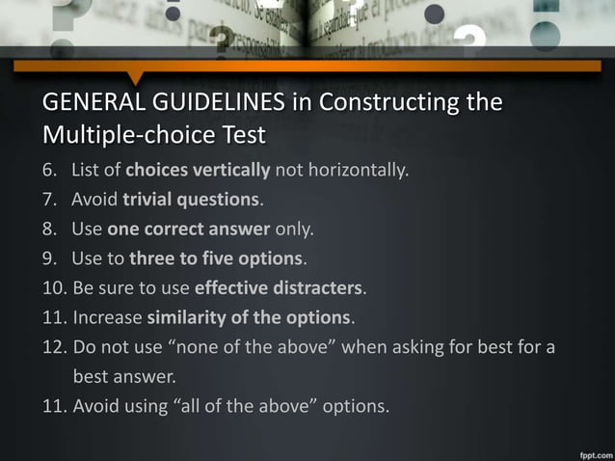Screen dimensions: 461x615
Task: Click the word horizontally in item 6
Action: click(x=362, y=173)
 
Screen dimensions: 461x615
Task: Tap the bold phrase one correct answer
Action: click(x=189, y=230)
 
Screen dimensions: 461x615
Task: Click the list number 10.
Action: click(x=54, y=288)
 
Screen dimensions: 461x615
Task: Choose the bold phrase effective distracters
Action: click(x=280, y=288)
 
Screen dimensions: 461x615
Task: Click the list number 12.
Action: click(x=54, y=346)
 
